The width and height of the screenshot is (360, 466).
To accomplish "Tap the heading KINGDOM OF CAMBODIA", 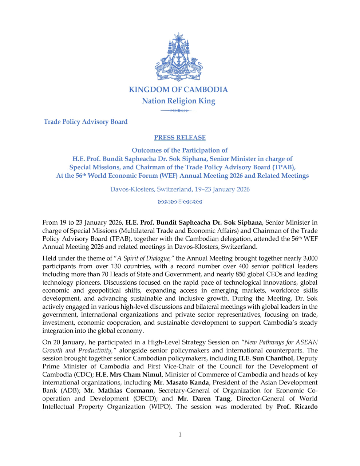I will click(x=178, y=90).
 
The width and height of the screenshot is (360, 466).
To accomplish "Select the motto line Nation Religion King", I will click(x=178, y=101).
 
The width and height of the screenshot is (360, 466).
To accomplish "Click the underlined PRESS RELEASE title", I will click(x=180, y=138).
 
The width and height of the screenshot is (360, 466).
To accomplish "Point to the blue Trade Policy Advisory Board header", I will click(x=86, y=122).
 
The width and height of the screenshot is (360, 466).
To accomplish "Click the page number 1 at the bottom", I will click(x=180, y=434).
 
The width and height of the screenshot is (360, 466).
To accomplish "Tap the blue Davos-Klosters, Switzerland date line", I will click(x=180, y=189).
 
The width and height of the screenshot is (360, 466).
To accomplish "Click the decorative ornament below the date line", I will click(x=180, y=202).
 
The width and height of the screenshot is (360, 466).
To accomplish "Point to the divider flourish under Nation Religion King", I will click(x=178, y=110).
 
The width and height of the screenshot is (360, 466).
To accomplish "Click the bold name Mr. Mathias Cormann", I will click(x=119, y=391).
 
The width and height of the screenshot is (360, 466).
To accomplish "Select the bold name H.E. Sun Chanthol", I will click(x=266, y=359).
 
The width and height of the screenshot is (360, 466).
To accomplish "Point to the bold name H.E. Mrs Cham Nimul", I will click(x=128, y=375).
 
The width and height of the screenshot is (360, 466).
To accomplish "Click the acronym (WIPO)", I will click(x=160, y=407).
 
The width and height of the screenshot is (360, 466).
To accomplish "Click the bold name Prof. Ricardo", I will click(x=297, y=407).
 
